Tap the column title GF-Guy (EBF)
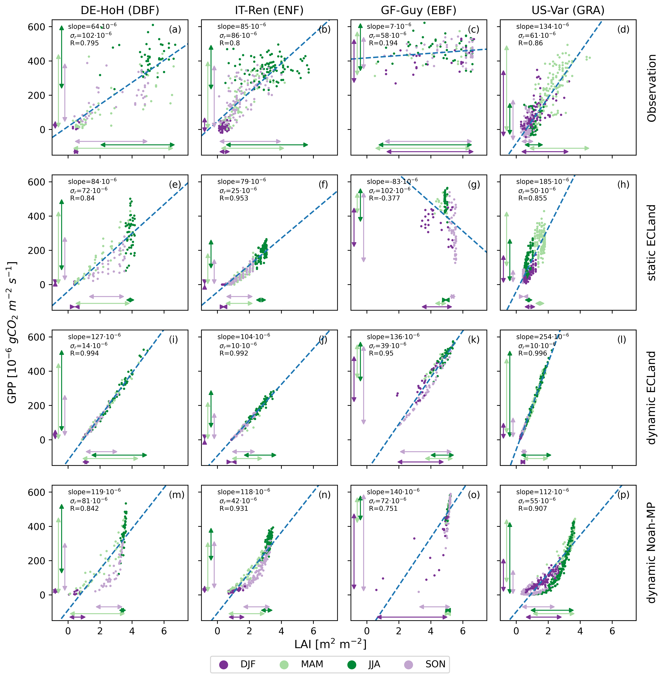click(419, 10)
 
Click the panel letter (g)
click(474, 184)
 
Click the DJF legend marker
click(224, 664)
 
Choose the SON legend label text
click(435, 664)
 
